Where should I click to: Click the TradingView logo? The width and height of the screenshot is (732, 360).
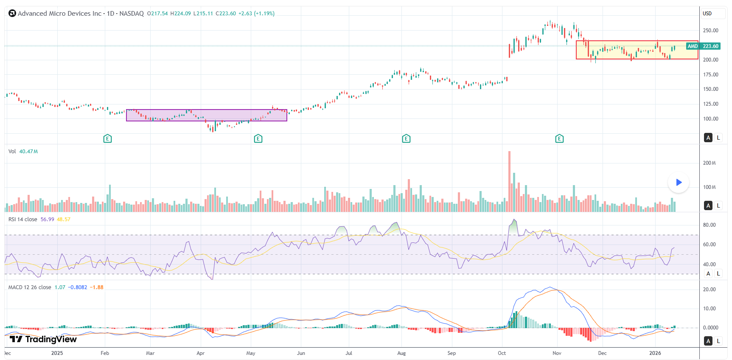[x=43, y=339]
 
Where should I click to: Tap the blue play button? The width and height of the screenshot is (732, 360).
[x=679, y=183]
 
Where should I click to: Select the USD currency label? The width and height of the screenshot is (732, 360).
[x=707, y=14]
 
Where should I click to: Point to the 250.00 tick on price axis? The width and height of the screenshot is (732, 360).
[x=710, y=31]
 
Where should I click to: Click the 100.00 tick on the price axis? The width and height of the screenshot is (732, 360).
[x=710, y=119]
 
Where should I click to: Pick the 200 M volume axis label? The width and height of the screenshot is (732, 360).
[x=710, y=163]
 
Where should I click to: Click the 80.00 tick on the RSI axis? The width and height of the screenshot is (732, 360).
[x=710, y=225]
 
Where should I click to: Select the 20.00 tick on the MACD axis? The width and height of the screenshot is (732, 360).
[x=710, y=290]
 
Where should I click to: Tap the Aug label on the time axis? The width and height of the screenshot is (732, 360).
[x=401, y=353]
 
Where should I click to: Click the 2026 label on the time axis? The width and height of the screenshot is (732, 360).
[x=655, y=353]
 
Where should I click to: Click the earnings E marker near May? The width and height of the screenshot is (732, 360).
[x=258, y=138]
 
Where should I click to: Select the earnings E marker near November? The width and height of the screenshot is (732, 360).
[x=559, y=138]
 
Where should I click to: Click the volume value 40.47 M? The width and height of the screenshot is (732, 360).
[x=28, y=152]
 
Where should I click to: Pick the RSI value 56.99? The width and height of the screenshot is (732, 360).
[x=47, y=219]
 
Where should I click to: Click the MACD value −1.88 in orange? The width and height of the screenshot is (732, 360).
[x=97, y=287]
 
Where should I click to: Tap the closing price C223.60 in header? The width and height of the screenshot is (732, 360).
[x=225, y=14]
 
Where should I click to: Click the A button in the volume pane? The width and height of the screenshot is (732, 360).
[x=708, y=205]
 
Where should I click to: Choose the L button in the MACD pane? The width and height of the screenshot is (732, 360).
[x=718, y=341]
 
